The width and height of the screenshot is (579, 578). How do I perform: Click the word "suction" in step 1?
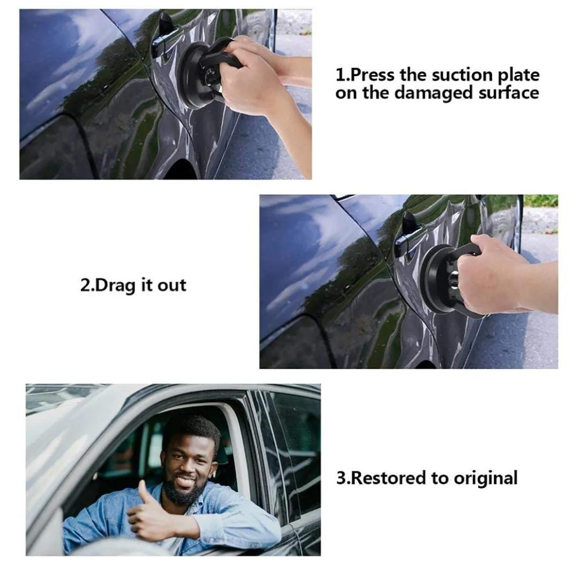tap(462, 75)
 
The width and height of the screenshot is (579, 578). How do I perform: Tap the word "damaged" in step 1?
tap(434, 93)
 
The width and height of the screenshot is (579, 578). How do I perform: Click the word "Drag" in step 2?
tap(115, 286)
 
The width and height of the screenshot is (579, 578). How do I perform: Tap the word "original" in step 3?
tap(485, 479)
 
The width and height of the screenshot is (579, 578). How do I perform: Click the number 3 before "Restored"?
tap(341, 478)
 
